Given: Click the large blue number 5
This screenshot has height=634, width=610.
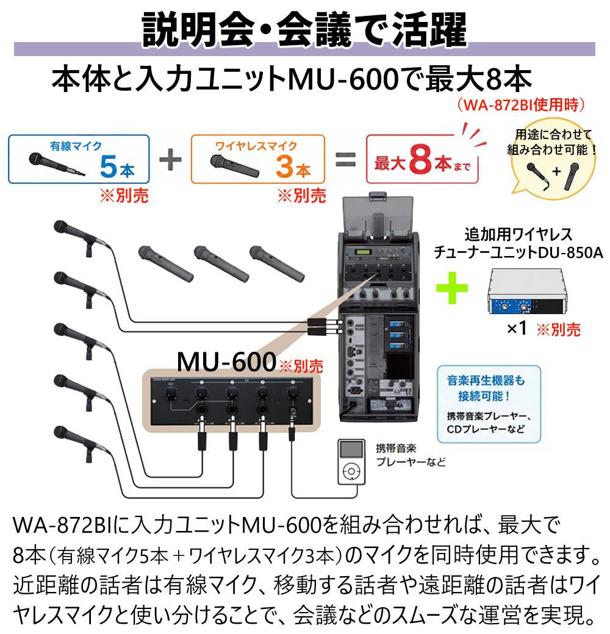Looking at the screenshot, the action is (x=108, y=166).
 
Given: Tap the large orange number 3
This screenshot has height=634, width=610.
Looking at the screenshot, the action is (x=285, y=166).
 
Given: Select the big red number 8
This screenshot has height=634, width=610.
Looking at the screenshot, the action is (x=421, y=159).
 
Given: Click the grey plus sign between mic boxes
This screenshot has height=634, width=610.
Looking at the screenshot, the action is (x=170, y=159).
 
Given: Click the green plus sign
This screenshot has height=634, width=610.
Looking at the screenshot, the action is (x=452, y=288).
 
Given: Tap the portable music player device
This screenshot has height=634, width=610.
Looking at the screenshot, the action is (x=351, y=461).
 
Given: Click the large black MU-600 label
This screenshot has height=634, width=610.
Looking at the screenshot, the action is (x=227, y=361).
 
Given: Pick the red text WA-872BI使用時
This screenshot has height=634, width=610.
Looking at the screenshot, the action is (x=522, y=105).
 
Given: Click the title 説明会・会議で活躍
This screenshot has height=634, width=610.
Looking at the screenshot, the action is (x=304, y=29).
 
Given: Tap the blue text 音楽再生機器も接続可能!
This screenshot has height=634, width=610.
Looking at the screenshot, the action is (x=486, y=388).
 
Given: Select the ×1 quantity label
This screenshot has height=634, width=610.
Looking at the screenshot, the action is (x=517, y=328).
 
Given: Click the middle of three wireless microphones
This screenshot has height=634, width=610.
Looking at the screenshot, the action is (x=221, y=263).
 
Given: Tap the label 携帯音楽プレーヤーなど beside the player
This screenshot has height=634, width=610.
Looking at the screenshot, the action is (x=411, y=455).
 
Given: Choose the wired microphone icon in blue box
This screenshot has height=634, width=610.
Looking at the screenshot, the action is (x=57, y=163).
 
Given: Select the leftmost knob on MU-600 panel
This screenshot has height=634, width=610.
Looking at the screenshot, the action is (x=170, y=392).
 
